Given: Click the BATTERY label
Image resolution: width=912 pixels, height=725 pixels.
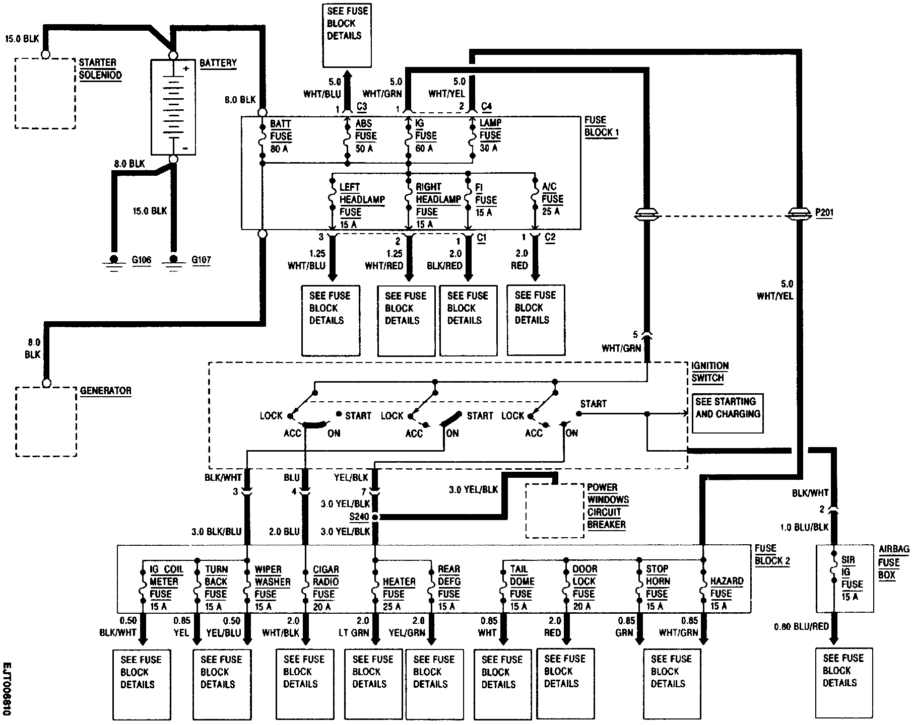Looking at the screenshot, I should [x=218, y=63].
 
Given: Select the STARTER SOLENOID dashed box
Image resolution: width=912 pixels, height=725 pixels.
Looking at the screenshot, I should [x=45, y=93].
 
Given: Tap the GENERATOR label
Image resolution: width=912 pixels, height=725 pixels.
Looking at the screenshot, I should [x=105, y=391].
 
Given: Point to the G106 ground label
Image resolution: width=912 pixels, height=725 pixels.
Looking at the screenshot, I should [x=142, y=260].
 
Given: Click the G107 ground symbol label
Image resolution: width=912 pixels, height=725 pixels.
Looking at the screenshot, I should [x=201, y=260].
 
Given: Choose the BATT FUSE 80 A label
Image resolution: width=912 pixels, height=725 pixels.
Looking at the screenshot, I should [x=280, y=136].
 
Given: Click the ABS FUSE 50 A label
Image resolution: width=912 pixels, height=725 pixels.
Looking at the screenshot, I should [x=365, y=136].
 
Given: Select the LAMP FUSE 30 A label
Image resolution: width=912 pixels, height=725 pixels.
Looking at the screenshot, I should [x=490, y=135].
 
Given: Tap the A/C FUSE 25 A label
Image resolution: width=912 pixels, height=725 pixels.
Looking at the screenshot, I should [x=552, y=199].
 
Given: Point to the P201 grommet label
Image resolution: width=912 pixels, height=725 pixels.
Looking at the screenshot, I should [x=824, y=213].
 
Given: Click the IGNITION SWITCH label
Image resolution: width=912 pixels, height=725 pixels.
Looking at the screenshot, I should [x=709, y=372].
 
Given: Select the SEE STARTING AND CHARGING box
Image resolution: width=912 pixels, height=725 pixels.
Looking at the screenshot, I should [x=727, y=413].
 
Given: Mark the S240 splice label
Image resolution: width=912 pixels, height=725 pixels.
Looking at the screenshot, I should [x=360, y=517].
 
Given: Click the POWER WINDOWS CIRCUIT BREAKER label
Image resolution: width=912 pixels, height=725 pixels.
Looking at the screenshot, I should [x=608, y=506].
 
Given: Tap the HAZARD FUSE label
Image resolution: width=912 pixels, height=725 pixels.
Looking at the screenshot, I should [x=726, y=593].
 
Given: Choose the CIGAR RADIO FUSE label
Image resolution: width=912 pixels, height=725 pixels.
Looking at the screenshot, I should [x=325, y=588].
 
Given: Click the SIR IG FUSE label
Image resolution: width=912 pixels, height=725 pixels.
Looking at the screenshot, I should [x=852, y=578].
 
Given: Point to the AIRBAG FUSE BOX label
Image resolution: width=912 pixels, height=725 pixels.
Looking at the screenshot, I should [x=894, y=562].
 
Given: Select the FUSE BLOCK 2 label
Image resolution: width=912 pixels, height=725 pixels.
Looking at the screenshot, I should [x=772, y=554].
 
